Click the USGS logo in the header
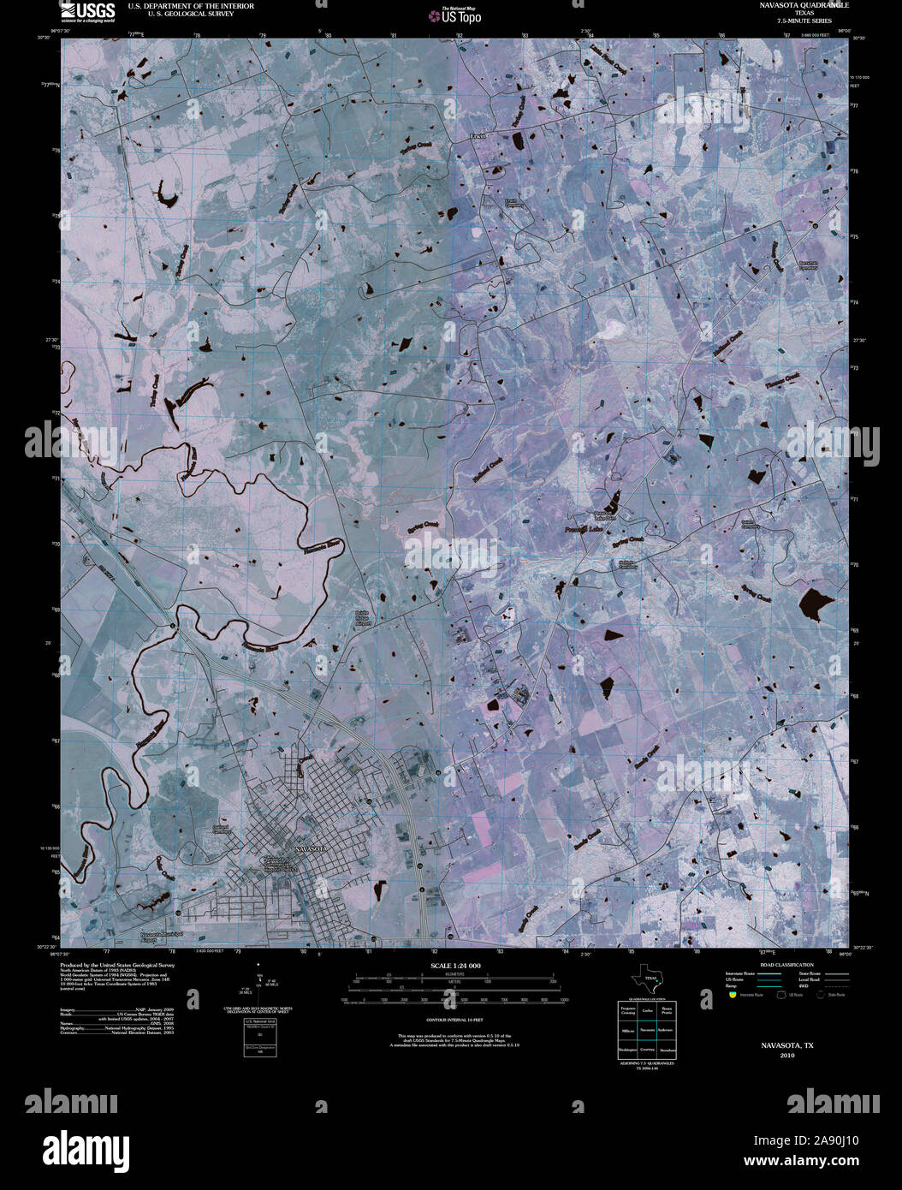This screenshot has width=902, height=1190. point(87,12)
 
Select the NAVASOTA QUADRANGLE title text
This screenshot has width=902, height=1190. point(792,5)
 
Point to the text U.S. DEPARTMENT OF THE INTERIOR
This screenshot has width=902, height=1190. point(191,6)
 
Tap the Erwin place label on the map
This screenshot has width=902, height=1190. point(478,135)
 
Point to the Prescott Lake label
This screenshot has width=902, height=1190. point(584,532)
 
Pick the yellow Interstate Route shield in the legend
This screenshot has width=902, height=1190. point(732,996)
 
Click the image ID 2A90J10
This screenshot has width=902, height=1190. point(827,1140)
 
